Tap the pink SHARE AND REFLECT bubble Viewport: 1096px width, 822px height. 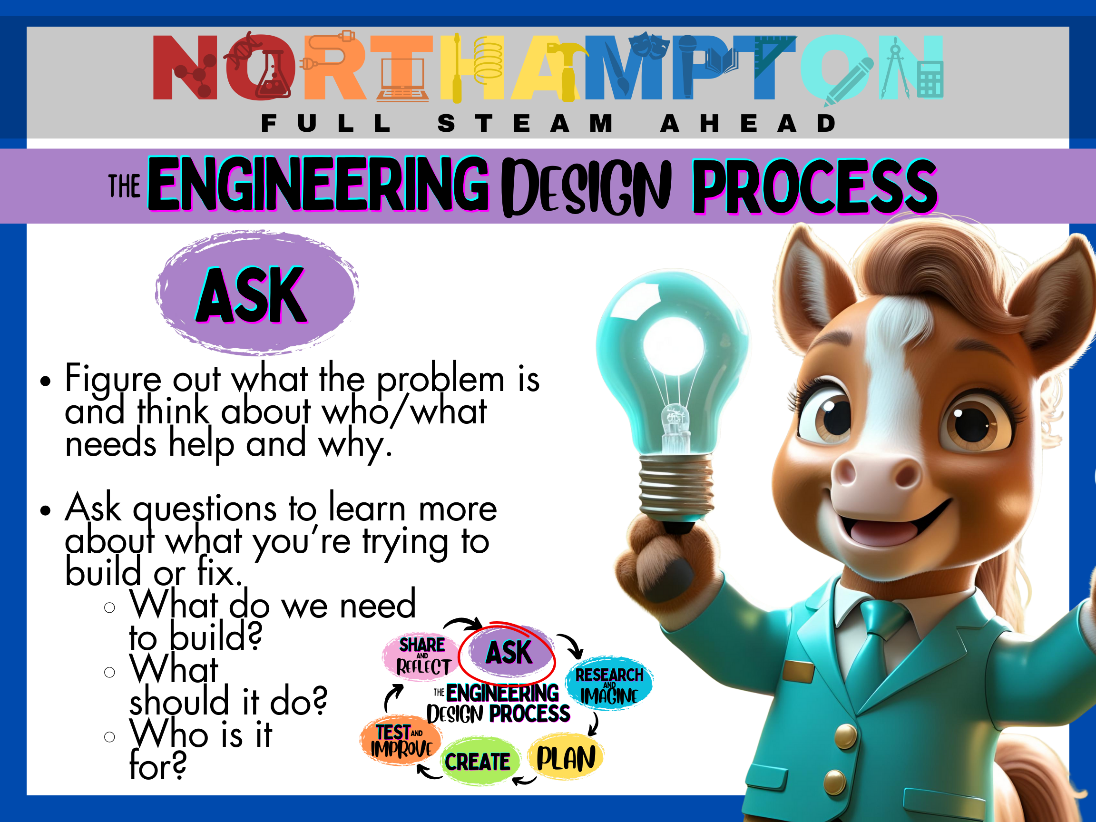coord(422,656)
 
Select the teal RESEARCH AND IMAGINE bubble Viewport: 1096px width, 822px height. coord(609,684)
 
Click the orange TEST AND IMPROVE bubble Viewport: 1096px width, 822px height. coord(401,740)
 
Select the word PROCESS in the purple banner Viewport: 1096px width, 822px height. coord(814,187)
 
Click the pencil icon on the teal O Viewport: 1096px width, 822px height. coord(848,82)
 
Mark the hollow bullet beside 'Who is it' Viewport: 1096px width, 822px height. coord(109,737)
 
